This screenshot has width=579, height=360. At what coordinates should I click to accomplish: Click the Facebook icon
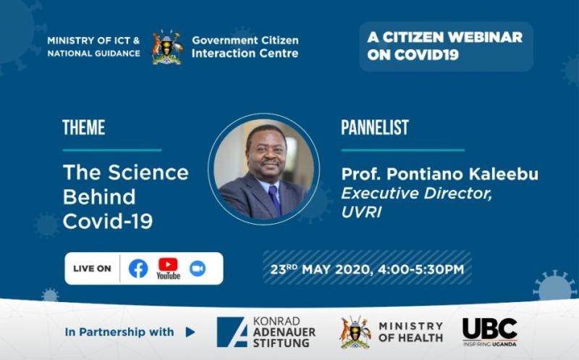pos(138,268)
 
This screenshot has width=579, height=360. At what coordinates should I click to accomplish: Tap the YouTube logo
pos(168,269)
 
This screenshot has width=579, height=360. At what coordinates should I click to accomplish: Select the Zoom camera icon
pos(198,269)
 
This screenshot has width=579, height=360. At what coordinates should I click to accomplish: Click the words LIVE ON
pos(92,269)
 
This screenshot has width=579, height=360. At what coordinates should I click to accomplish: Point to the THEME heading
pos(84,127)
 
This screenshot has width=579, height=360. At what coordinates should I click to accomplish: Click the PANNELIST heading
pos(375,127)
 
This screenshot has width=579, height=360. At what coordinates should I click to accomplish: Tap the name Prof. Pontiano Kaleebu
pos(440,174)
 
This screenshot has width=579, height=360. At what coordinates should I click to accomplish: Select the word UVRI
pos(361,212)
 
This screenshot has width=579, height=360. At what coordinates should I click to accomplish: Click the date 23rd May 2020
pos(319,269)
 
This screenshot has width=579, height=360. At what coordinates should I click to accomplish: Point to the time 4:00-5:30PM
pos(421,269)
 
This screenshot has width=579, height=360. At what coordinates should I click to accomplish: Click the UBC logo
pos(490,332)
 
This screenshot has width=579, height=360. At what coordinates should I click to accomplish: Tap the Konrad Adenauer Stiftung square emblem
pos(232,332)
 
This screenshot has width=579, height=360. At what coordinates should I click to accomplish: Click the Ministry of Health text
pos(410,332)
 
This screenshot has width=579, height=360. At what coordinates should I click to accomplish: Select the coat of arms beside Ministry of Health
pos(355,332)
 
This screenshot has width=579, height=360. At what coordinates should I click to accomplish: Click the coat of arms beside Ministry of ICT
pos(167,47)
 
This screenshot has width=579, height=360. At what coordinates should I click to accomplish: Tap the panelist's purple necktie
pos(275,199)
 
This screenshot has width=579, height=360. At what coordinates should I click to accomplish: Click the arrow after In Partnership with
pos(190,332)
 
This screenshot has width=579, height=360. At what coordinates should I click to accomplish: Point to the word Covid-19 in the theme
pos(108,222)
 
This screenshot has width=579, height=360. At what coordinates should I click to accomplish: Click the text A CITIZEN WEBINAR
pos(445,37)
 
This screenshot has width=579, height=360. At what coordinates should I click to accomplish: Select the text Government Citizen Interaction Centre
pos(245,46)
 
